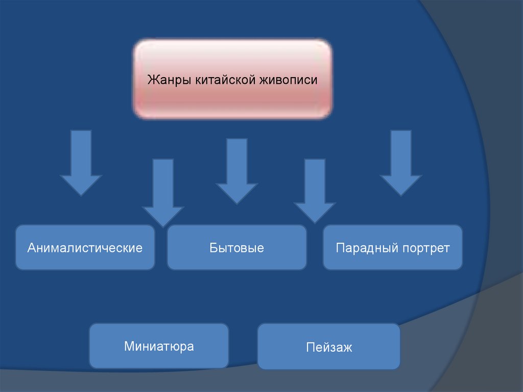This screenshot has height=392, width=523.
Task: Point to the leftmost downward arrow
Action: coord(81,164)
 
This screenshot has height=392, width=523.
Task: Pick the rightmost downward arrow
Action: coord(400,164)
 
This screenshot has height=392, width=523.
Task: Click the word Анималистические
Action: coord(85,248)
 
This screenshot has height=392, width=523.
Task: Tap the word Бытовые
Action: coord(236,248)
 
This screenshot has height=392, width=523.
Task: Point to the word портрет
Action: coord(425,248)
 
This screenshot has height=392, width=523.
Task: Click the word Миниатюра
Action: coord(159,346)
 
